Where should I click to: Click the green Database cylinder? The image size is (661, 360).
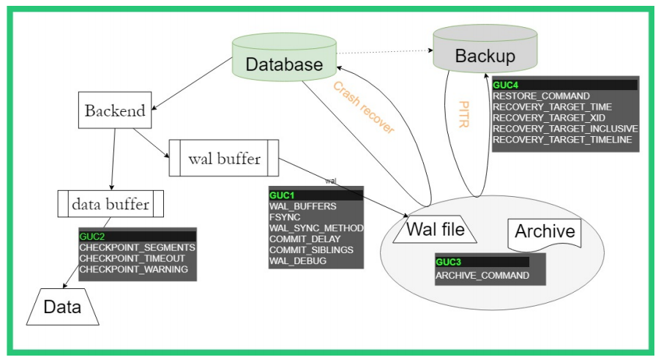coord(284,62)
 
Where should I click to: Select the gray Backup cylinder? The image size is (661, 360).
coord(485,55)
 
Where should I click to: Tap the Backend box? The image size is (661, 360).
coord(114,111)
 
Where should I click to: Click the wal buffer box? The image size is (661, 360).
coord(224,158)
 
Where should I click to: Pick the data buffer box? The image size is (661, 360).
coord(111,204)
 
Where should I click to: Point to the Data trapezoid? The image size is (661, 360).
coord(61,307)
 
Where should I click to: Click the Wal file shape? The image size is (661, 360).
coord(436,230)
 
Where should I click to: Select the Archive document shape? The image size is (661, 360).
coord(545,233)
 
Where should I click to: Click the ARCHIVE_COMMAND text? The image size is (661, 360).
coord(482,276)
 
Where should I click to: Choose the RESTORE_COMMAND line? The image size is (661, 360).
coord(541,96)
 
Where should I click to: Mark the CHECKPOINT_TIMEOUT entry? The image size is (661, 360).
coord(132,258)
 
